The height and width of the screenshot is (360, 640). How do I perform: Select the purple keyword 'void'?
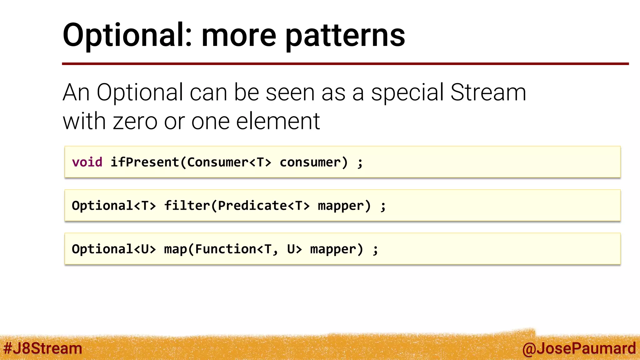(87, 162)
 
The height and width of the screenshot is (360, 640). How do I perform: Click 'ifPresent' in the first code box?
(145, 162)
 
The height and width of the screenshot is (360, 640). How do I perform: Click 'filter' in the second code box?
(187, 206)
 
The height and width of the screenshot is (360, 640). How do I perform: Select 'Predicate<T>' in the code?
(263, 206)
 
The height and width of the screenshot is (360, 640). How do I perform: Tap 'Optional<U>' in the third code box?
(114, 249)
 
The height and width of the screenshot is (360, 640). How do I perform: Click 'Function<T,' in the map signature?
(236, 249)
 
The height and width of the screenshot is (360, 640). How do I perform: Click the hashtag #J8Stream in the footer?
(43, 348)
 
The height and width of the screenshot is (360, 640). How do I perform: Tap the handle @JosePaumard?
(579, 348)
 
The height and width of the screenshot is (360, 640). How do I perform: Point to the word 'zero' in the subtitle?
(135, 121)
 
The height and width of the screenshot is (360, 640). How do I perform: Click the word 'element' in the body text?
(278, 121)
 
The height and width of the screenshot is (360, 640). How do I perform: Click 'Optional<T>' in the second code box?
(114, 206)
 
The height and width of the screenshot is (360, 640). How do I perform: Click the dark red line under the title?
(344, 64)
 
